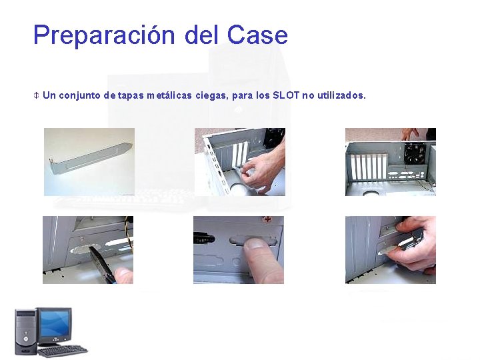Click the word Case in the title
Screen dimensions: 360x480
click(257, 35)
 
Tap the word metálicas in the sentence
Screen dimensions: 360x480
click(170, 95)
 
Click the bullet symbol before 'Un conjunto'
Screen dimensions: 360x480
click(37, 95)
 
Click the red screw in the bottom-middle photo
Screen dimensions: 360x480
click(267, 219)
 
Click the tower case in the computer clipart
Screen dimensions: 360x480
click(25, 331)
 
